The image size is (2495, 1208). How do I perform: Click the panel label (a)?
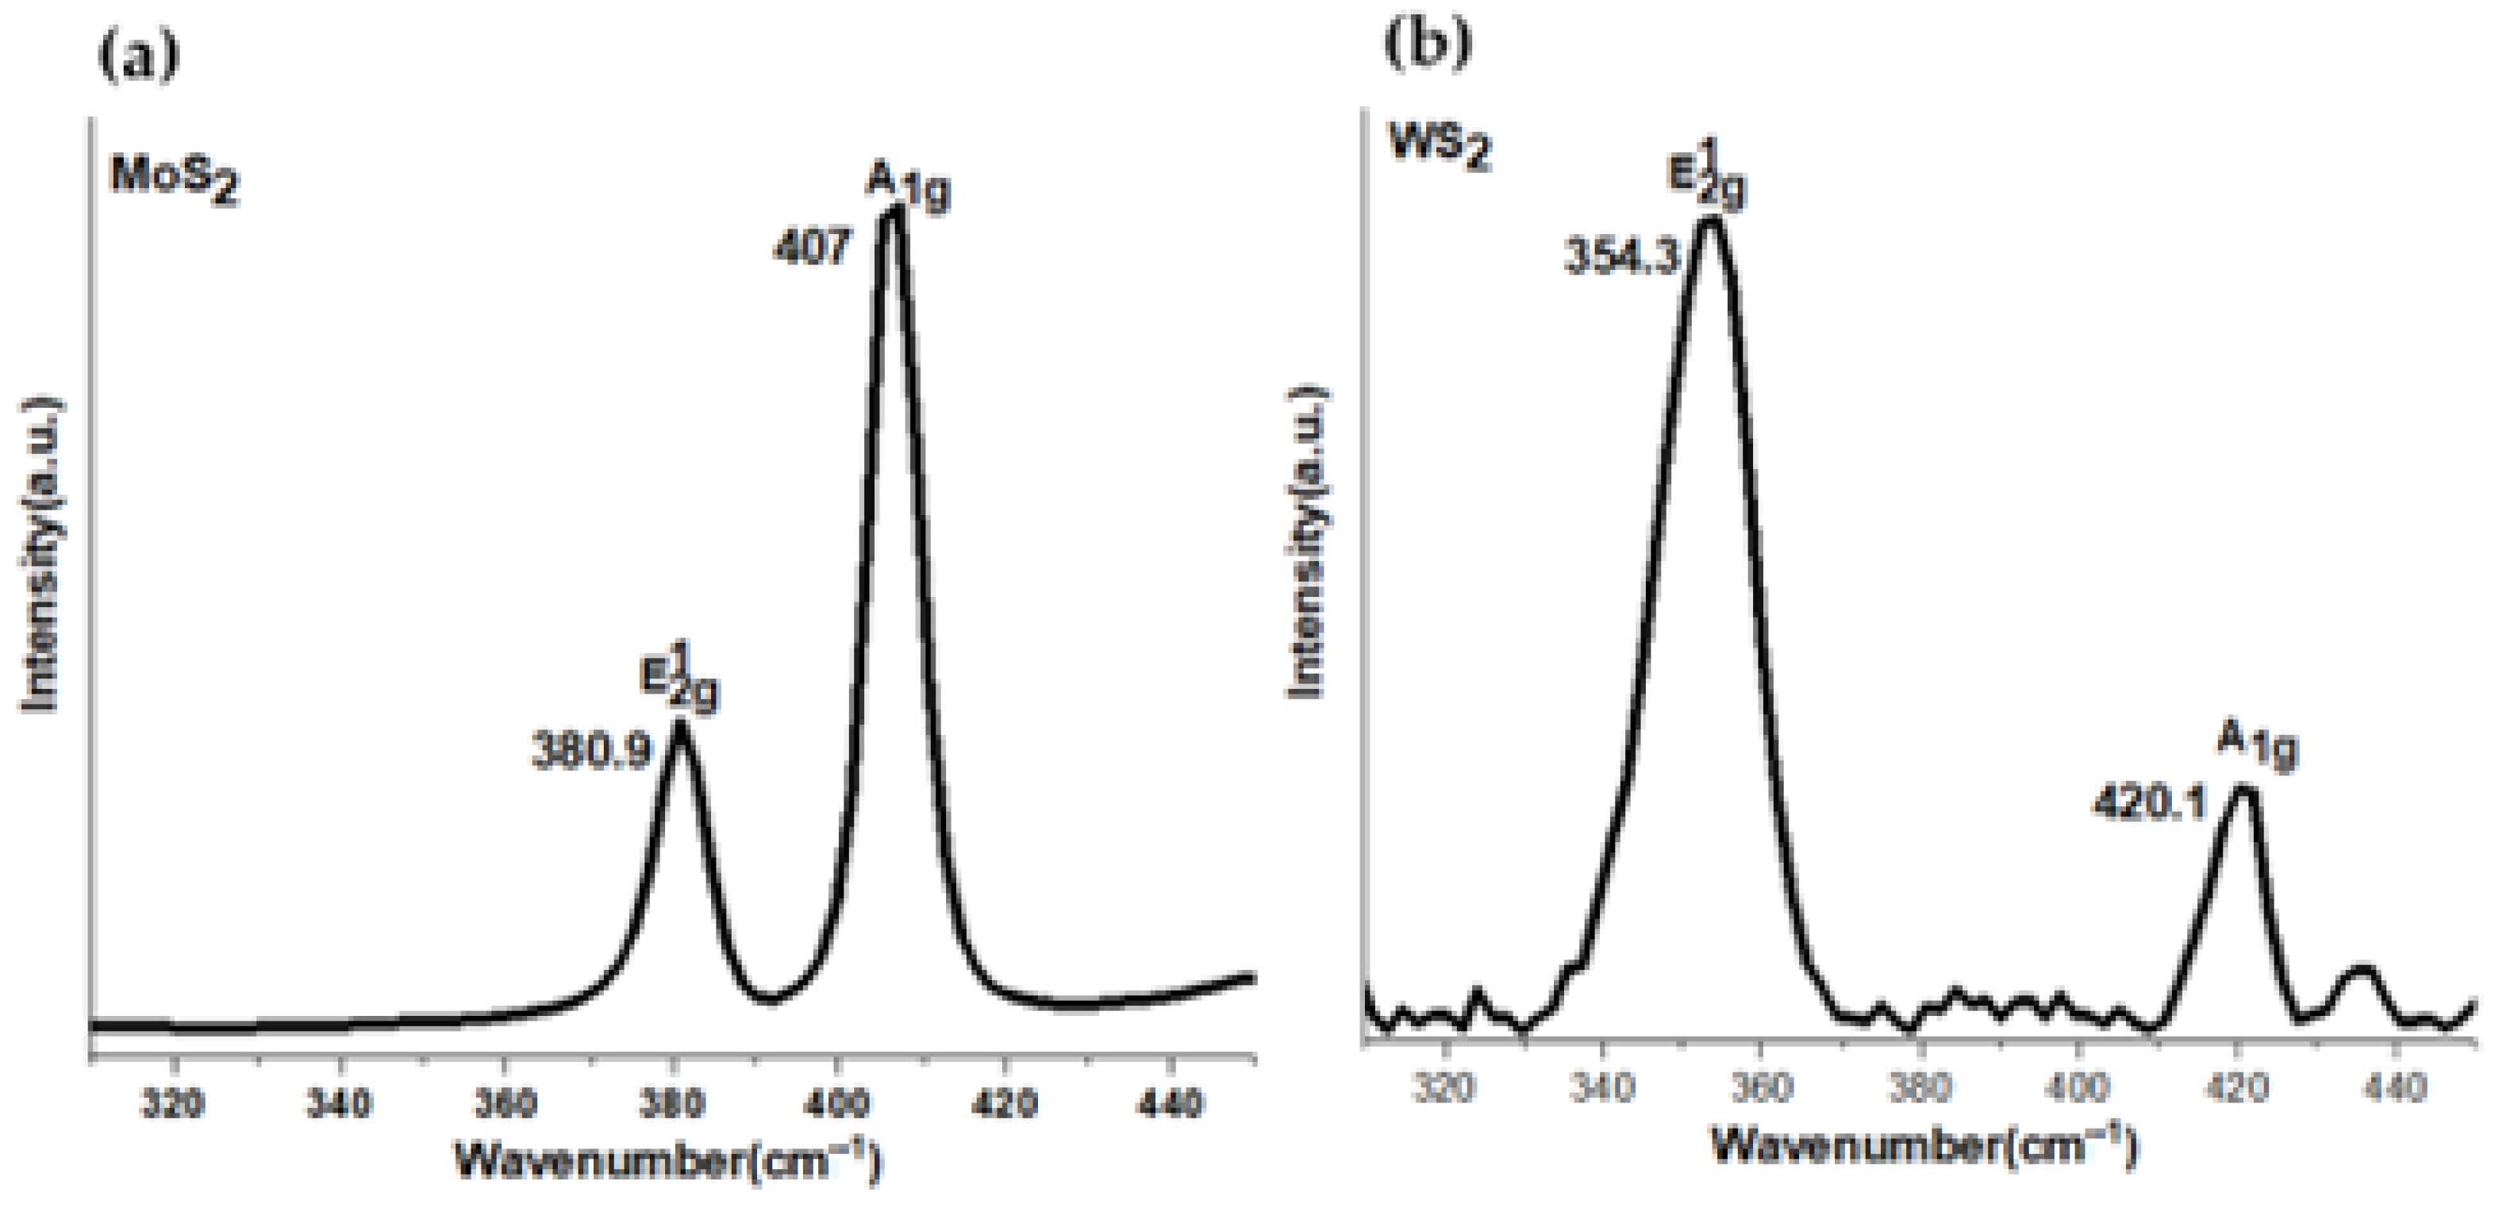click(139, 56)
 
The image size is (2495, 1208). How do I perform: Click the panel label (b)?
click(1427, 44)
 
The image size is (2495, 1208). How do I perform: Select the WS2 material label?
click(1440, 148)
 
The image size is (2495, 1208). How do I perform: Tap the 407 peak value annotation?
click(812, 248)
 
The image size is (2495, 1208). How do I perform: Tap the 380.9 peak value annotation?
click(592, 752)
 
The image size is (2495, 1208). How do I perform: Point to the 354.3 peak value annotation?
click(1620, 259)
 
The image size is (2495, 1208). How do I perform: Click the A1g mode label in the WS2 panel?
click(2256, 747)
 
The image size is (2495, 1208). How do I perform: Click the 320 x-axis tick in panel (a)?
click(172, 1102)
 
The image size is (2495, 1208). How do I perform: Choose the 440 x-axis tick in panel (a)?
click(1172, 1102)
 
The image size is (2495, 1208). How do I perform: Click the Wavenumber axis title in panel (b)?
click(1923, 1146)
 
